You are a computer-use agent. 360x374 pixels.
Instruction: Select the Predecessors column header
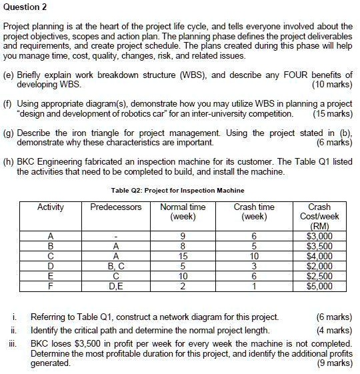pyautogui.click(x=116, y=207)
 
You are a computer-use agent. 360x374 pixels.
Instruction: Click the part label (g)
pyautogui.click(x=10, y=133)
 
